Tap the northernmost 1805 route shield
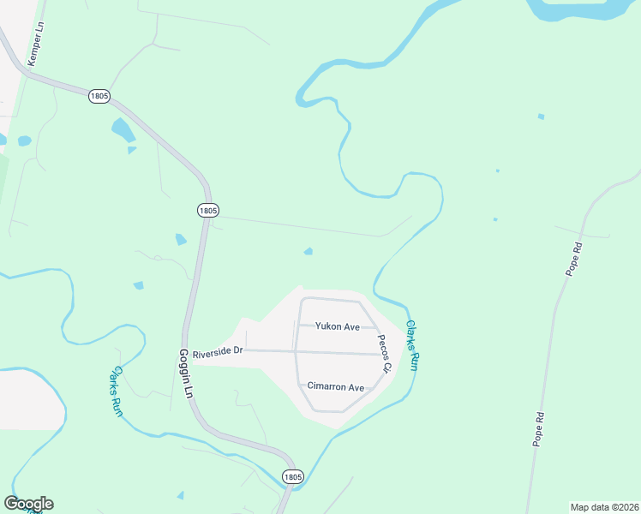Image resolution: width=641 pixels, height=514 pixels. [99, 96]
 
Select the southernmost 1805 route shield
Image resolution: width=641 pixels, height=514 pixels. [293, 476]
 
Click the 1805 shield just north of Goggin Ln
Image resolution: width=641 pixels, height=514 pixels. [207, 210]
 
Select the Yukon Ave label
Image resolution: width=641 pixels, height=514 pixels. [337, 326]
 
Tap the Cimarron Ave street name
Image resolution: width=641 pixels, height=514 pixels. [336, 387]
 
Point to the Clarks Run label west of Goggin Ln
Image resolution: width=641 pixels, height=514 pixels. [117, 391]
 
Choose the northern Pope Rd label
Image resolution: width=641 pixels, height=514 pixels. [573, 259]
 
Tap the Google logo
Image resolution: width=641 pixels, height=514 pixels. [28, 504]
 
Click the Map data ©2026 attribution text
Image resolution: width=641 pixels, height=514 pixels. [604, 506]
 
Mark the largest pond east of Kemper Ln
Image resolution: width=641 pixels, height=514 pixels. [123, 130]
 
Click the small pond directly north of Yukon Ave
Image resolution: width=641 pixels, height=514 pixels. [309, 252]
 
